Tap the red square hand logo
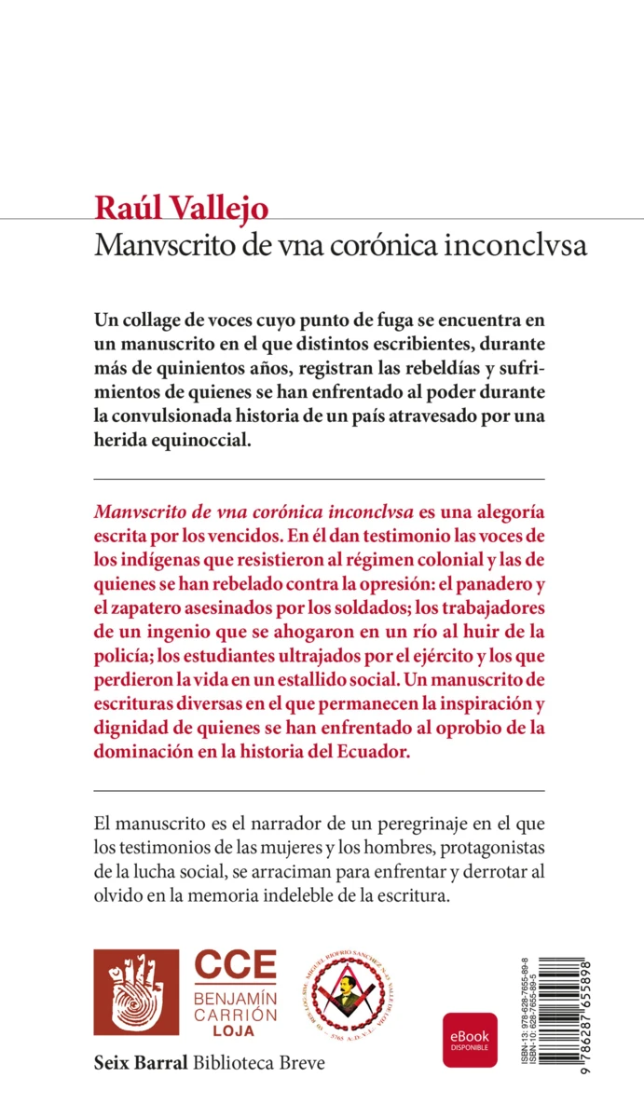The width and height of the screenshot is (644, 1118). pyautogui.click(x=137, y=992)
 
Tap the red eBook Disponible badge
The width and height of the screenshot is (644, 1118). pyautogui.click(x=470, y=1039)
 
